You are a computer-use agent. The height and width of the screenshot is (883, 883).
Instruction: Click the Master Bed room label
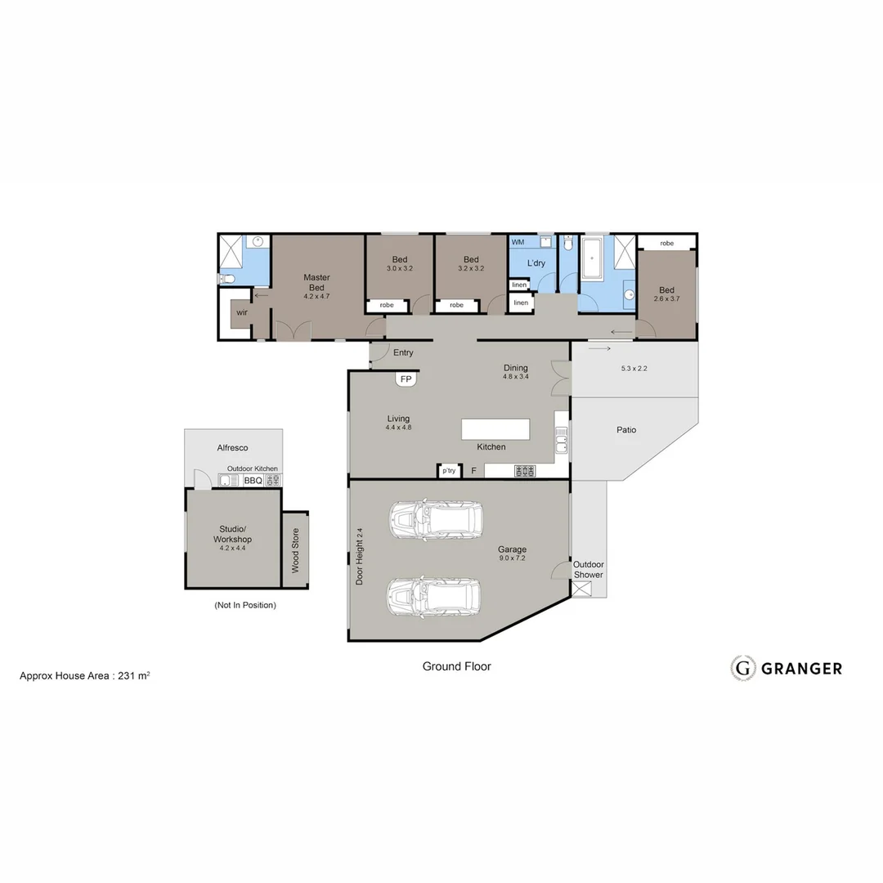pos(316,282)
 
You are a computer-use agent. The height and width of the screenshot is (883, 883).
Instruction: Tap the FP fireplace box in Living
pos(406,379)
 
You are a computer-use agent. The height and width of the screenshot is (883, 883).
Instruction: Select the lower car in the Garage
pos(435,598)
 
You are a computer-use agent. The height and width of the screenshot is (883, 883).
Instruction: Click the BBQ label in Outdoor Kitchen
pos(253,481)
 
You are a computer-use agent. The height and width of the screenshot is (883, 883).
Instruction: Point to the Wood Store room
pos(295,549)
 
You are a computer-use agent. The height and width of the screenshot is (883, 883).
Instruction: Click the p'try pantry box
pos(449,471)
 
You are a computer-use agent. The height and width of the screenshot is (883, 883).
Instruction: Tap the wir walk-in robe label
pos(242,313)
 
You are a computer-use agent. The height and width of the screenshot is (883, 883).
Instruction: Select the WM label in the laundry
pos(518,243)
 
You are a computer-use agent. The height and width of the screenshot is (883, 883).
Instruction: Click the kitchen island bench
pos(495,429)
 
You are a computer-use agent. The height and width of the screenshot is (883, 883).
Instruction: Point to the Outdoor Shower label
pos(588,570)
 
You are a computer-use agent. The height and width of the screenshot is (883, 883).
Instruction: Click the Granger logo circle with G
pos(742,668)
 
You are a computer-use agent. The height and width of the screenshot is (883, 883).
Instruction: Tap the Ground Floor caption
pos(456,666)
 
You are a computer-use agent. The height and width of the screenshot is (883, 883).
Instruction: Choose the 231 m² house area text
pos(134,676)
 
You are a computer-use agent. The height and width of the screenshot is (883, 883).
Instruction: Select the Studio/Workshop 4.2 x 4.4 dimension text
pos(232,549)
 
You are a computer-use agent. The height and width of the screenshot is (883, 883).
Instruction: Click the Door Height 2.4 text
pos(360,556)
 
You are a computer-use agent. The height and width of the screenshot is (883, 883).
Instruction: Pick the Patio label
pos(626,430)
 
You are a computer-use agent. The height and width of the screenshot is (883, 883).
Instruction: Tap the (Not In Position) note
pos(245,605)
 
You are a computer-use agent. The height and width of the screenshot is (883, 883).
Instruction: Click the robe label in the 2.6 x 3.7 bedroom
pos(667,243)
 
